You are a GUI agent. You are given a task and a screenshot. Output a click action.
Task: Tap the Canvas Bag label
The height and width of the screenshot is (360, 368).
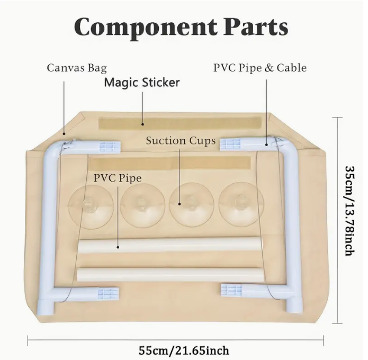77,68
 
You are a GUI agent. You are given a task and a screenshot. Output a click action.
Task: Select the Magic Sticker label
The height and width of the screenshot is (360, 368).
141,83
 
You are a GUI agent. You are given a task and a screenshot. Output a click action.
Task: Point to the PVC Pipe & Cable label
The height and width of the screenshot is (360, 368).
259,68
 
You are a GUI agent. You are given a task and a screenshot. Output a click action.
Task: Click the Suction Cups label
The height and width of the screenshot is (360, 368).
181,140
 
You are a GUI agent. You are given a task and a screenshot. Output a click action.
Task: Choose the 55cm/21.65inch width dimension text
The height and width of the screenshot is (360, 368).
184,350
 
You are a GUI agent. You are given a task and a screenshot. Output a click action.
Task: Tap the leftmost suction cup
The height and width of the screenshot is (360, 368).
89,203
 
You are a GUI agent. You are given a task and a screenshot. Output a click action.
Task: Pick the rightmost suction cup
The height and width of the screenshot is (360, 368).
241,203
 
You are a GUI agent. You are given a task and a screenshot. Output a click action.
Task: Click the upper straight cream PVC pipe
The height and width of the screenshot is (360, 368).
169,245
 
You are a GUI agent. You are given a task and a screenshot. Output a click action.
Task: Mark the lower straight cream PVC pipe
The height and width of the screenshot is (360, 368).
169,274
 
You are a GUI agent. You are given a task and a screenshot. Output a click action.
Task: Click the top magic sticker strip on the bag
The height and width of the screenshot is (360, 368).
183,123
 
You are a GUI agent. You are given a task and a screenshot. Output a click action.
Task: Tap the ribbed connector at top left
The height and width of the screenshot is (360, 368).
109,146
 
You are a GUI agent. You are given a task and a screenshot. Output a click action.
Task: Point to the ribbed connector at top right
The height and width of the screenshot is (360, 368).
231,143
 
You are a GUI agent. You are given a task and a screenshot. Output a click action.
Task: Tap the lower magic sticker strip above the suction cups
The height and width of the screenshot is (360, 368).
169,163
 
